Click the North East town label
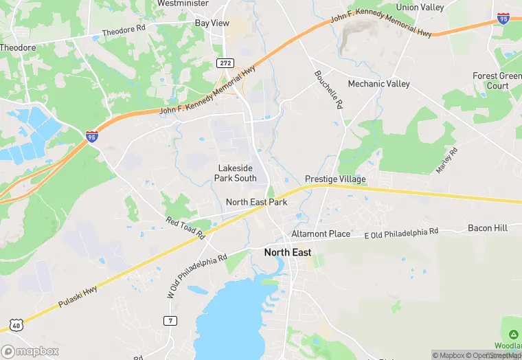[288, 253]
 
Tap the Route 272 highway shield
[225, 63]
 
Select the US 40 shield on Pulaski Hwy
[15, 324]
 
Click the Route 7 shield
[170, 321]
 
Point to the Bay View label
[212, 23]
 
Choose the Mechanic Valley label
[378, 84]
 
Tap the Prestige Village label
[335, 179]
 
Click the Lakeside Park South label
[235, 173]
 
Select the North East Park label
[256, 202]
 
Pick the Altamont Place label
[321, 234]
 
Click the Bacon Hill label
[488, 228]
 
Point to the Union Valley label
[420, 8]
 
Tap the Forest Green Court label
[497, 81]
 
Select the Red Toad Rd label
[185, 227]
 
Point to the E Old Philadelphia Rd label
[400, 234]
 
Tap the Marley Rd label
[446, 160]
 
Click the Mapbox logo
[30, 351]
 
